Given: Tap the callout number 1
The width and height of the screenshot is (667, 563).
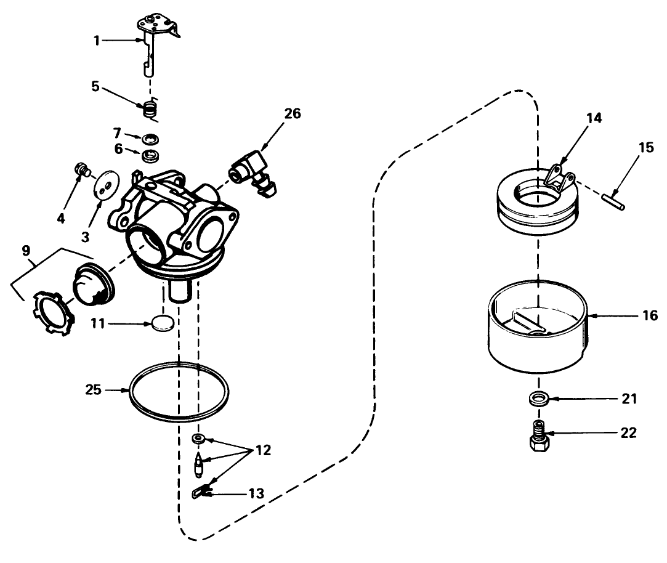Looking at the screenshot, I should [x=96, y=40].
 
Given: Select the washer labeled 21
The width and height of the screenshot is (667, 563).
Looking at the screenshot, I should [x=538, y=399].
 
